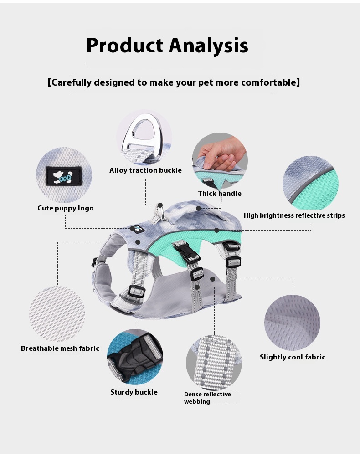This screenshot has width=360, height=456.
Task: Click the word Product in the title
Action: (x=124, y=46)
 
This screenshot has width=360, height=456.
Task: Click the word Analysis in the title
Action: (x=208, y=46)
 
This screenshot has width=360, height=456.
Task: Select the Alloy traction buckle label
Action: (x=145, y=170)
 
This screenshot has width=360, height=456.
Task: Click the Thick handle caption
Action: (x=220, y=194)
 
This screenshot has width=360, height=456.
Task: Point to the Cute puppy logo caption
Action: (x=66, y=208)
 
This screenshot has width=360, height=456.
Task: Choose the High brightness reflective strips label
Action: (x=294, y=215)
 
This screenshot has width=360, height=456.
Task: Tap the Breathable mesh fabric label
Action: (x=60, y=348)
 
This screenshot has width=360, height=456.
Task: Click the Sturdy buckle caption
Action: (x=134, y=392)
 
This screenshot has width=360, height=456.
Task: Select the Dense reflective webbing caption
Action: (x=207, y=398)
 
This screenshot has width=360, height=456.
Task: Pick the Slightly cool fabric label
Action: (x=293, y=357)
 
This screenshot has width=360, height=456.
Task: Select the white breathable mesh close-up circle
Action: (x=57, y=314)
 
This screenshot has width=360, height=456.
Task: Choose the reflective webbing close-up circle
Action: (x=214, y=363)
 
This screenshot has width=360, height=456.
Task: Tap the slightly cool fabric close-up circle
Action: (x=292, y=323)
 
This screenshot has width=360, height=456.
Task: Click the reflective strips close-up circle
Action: (x=310, y=183)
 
